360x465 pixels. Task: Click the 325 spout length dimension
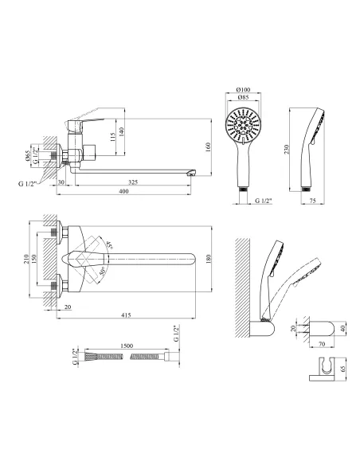point(134,182)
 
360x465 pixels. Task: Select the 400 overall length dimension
point(123,191)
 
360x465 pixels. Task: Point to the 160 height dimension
point(208,147)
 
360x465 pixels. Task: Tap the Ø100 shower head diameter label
point(244,89)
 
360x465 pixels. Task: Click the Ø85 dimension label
point(243,97)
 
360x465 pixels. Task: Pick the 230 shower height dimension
point(286,149)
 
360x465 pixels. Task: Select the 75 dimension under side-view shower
point(312,201)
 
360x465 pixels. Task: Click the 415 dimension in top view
point(126,315)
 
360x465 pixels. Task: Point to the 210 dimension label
point(26,260)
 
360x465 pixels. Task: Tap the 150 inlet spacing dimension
point(33,259)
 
